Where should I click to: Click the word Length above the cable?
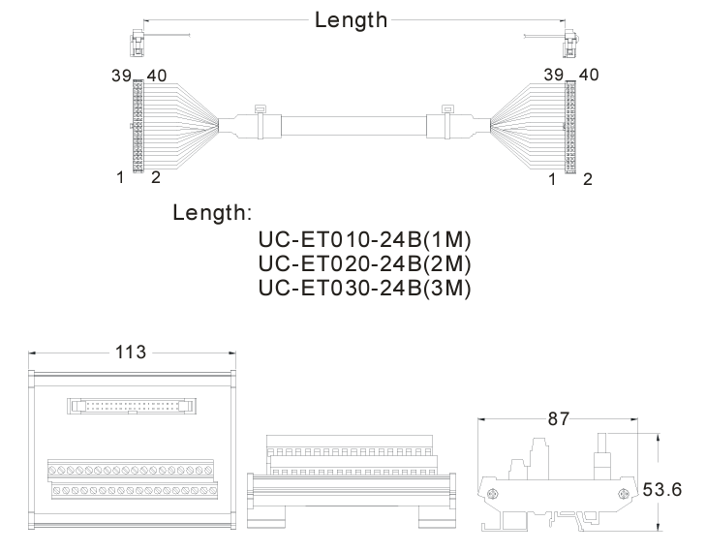351,20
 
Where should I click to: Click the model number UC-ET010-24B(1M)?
365,239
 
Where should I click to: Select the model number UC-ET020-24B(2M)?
365,263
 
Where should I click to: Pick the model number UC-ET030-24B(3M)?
365,289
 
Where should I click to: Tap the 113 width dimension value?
131,353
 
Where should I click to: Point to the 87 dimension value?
559,419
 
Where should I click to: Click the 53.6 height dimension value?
661,489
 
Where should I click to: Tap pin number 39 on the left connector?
121,76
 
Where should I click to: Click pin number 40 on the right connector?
589,75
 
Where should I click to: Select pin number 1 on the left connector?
120,177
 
